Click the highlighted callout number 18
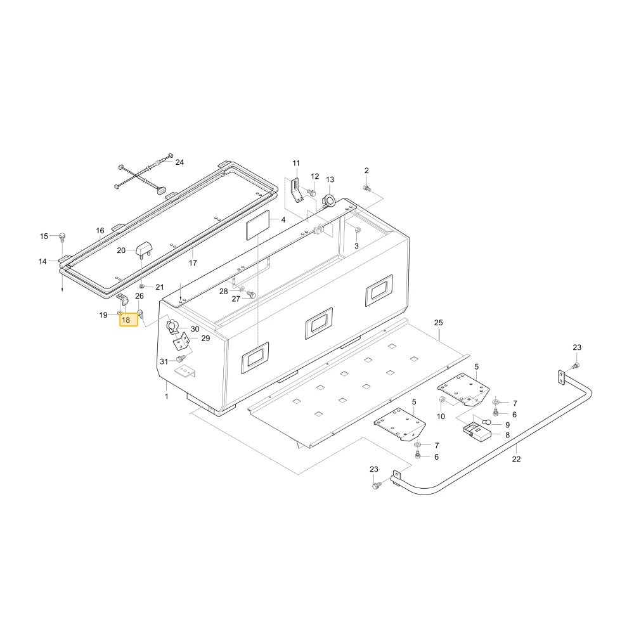point(126,320)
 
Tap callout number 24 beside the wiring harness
point(179,162)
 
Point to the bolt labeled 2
point(366,188)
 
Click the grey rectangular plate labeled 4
point(257,225)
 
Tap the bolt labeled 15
point(62,236)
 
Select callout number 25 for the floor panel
point(438,323)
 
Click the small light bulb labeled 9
point(486,422)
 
